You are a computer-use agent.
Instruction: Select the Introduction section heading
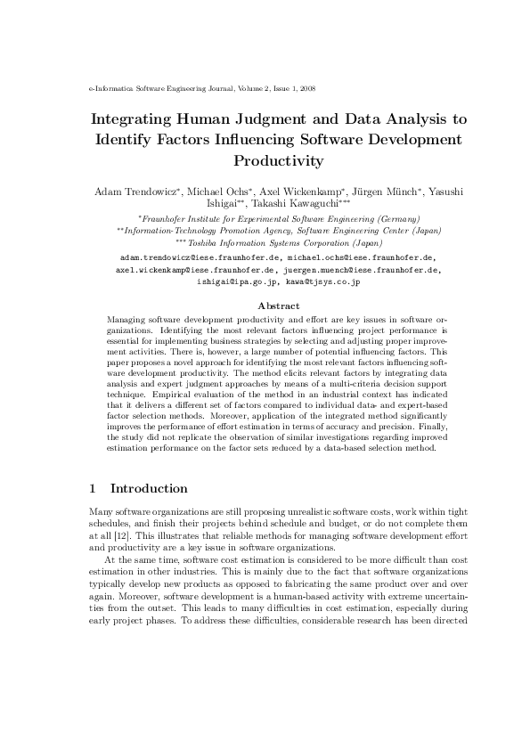149,488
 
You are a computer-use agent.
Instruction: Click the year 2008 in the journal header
304,89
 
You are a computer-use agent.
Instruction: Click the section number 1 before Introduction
94,488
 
